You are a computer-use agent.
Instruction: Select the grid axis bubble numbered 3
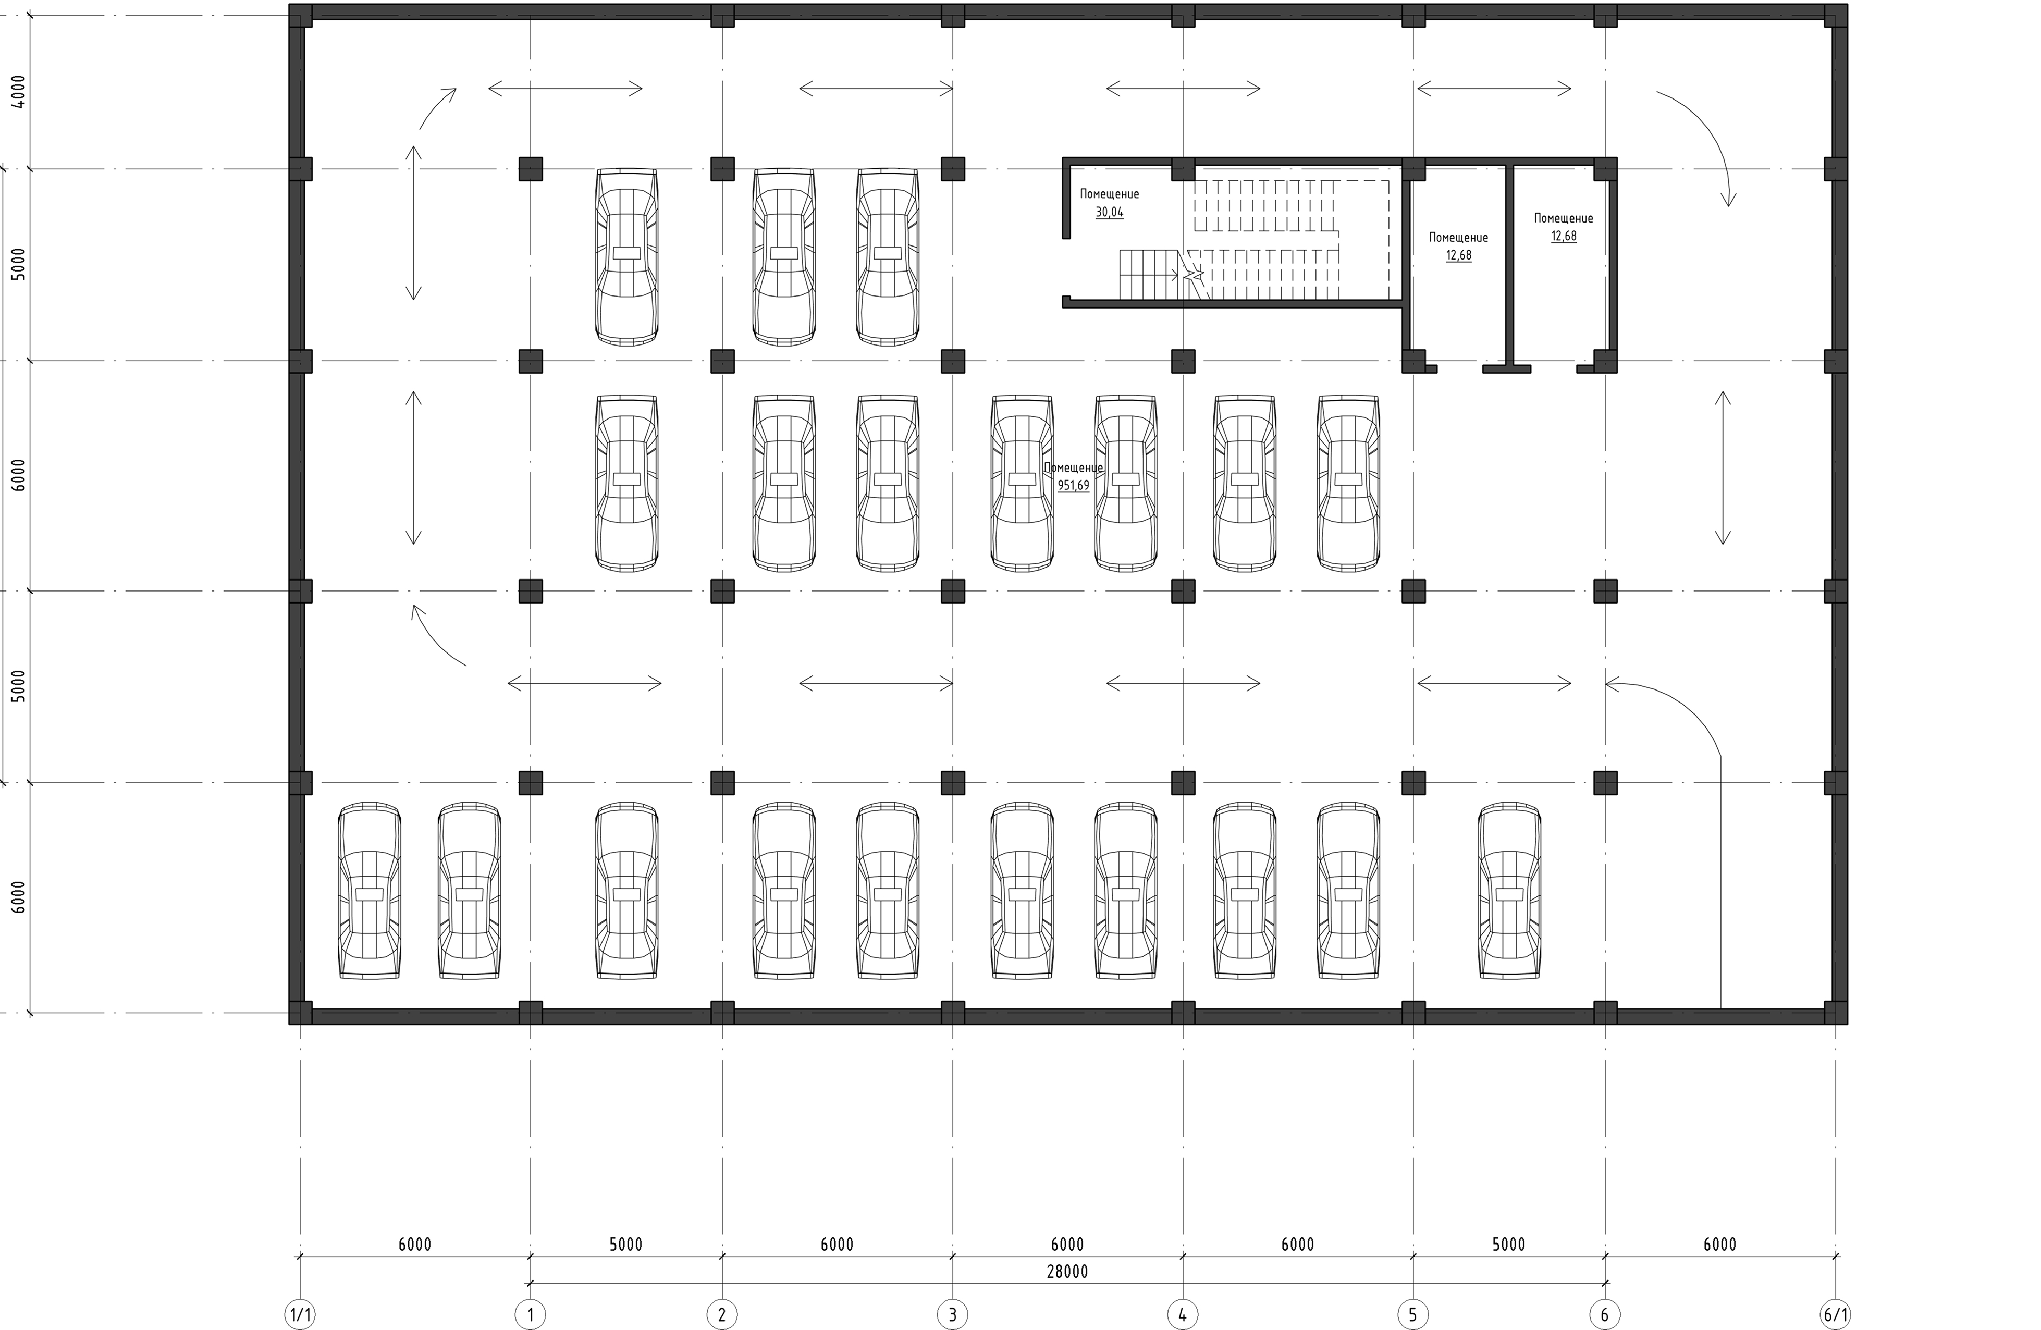(x=952, y=1314)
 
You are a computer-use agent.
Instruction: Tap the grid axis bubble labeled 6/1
(x=1835, y=1314)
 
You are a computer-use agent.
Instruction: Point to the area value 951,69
(x=1074, y=485)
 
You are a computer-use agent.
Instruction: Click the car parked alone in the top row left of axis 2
(x=627, y=257)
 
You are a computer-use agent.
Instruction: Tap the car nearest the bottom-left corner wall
(x=370, y=891)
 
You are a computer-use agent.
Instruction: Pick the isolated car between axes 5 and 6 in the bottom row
(x=1509, y=891)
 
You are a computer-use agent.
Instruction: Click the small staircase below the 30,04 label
(x=1149, y=275)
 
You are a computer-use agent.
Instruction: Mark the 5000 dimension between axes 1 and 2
(x=626, y=1244)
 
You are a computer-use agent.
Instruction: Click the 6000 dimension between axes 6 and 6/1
(x=1719, y=1244)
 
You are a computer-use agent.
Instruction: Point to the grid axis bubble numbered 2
(x=722, y=1314)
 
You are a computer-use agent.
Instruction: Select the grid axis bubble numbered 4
(x=1183, y=1314)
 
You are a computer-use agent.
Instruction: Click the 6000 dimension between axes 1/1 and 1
(x=415, y=1244)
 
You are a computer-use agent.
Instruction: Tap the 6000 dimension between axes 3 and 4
(x=1067, y=1244)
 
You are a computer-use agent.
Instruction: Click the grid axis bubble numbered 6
(x=1605, y=1314)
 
